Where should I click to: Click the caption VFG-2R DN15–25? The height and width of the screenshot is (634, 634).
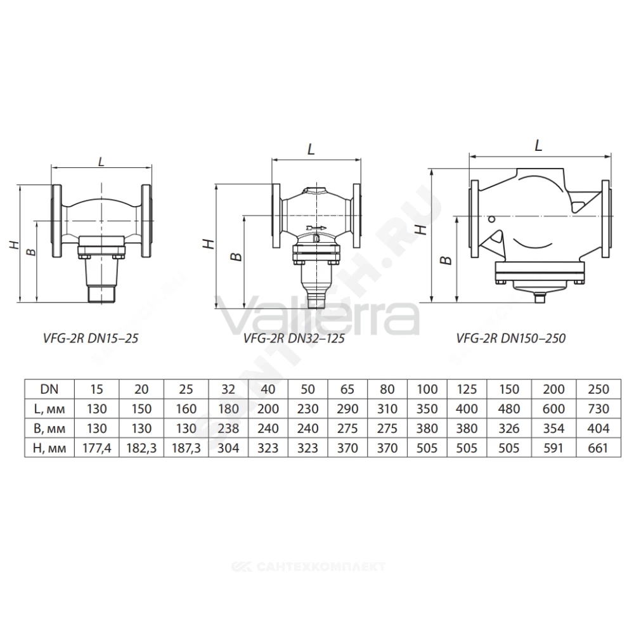click(x=91, y=338)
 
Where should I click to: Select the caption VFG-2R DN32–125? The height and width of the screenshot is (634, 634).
click(x=294, y=338)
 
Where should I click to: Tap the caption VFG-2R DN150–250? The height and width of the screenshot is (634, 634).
click(x=510, y=338)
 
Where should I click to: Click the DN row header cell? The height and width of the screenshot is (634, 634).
click(x=49, y=389)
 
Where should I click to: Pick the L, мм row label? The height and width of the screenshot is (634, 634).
click(x=49, y=409)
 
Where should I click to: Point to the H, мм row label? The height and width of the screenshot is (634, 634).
click(x=49, y=448)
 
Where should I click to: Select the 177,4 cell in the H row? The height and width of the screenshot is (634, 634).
click(x=96, y=448)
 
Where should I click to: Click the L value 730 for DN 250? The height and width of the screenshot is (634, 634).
click(x=598, y=409)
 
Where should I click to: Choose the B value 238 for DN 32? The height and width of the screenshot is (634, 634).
click(x=228, y=428)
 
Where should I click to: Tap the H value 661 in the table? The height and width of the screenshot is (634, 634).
click(x=598, y=448)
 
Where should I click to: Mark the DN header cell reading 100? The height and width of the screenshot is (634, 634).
click(x=427, y=389)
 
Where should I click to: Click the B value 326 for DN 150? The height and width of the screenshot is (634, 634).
click(x=509, y=428)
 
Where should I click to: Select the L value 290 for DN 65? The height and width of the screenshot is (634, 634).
click(x=347, y=409)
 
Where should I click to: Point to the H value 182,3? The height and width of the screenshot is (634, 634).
click(x=141, y=448)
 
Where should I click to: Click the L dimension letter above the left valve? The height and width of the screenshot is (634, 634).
click(x=101, y=161)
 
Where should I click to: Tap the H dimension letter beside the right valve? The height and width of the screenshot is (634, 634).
click(x=422, y=230)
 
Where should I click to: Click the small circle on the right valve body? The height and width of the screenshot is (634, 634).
click(x=492, y=219)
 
